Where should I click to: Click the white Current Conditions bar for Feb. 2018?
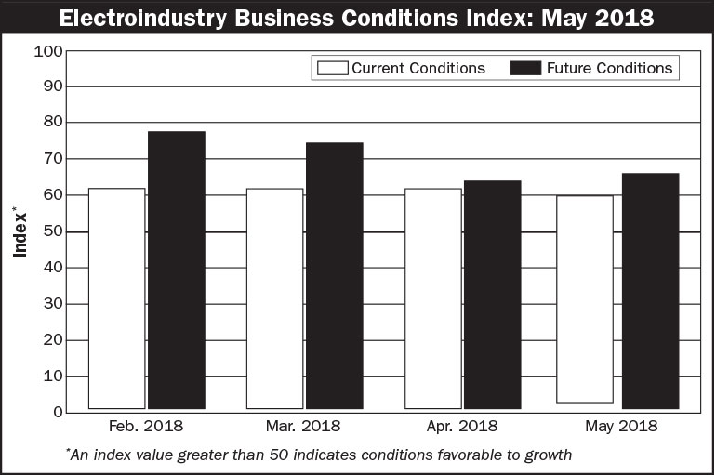[x=116, y=298]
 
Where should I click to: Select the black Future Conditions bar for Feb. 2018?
[x=176, y=270]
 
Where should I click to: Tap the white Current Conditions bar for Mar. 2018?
[x=274, y=298]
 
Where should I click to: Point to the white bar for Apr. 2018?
[x=432, y=298]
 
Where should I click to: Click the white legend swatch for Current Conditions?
[x=332, y=68]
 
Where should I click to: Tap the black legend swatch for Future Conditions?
[x=525, y=68]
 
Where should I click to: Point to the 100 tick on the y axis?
[x=47, y=50]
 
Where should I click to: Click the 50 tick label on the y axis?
[x=52, y=231]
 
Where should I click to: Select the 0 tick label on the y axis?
[x=57, y=413]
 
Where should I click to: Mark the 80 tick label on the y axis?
[x=52, y=123]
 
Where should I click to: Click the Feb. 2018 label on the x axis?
[x=146, y=427]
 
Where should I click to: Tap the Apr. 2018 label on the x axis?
[x=462, y=427]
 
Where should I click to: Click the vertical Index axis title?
[x=20, y=231]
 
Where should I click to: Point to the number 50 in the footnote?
[x=280, y=455]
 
